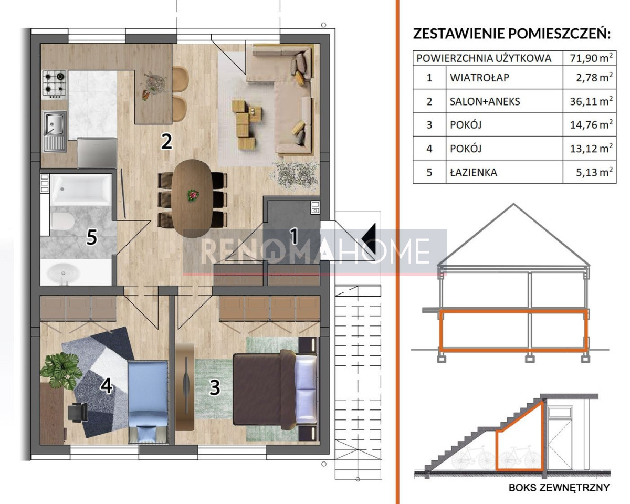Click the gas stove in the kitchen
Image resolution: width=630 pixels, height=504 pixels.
[55, 84]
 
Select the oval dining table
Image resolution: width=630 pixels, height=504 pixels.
[192, 198]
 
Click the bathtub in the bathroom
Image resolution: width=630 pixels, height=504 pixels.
[81, 190]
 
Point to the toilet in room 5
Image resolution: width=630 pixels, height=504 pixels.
[62, 222]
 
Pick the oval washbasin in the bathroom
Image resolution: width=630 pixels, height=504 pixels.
[62, 272]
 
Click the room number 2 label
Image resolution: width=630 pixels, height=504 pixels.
[166, 142]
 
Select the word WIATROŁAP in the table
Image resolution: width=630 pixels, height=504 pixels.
[479, 78]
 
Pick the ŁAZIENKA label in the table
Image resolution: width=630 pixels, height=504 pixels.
[474, 172]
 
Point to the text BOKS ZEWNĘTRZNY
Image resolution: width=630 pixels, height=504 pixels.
[559, 488]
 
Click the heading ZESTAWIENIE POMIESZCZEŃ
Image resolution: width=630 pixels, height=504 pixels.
[512, 34]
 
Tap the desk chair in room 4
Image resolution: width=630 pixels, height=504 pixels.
[78, 412]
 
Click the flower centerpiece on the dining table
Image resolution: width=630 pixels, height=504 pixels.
[193, 194]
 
